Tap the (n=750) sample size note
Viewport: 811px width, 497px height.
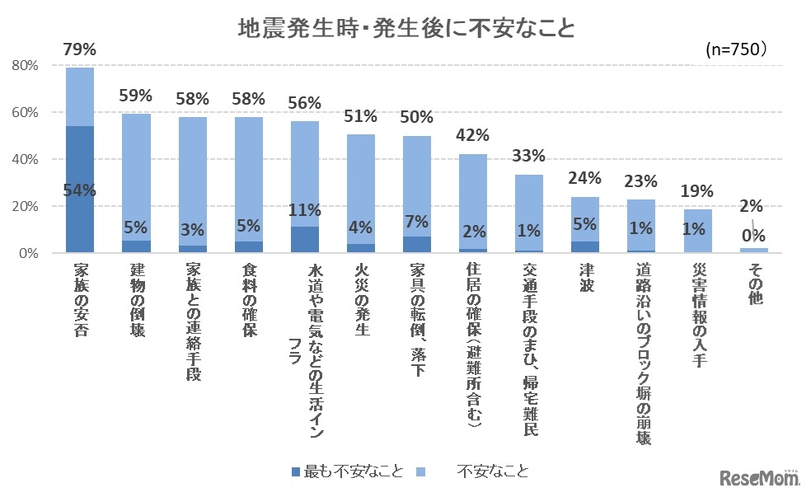click(737, 50)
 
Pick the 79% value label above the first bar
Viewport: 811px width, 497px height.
click(79, 50)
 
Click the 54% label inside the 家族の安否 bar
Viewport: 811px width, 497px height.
click(80, 190)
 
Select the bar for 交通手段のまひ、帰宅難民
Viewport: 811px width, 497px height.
click(528, 214)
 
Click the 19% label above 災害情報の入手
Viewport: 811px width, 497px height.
click(696, 190)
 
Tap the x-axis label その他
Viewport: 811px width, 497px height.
click(752, 284)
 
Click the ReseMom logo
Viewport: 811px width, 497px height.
click(760, 478)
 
